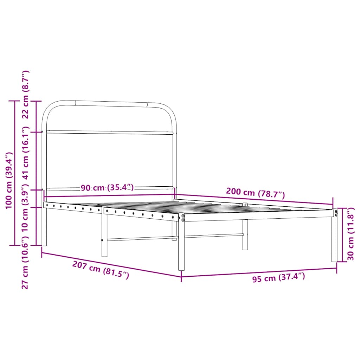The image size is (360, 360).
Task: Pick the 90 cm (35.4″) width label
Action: coord(107,188)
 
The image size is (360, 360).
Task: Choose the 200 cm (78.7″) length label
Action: coord(255,193)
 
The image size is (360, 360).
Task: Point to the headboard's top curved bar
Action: coord(111,103)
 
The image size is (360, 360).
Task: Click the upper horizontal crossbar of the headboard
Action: coord(110,133)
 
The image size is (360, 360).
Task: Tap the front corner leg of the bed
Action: coord(181,246)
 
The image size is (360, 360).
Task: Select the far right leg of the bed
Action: coord(334,243)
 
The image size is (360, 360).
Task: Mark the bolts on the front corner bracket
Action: coord(183,218)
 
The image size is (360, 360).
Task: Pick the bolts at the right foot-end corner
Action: coord(336,213)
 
